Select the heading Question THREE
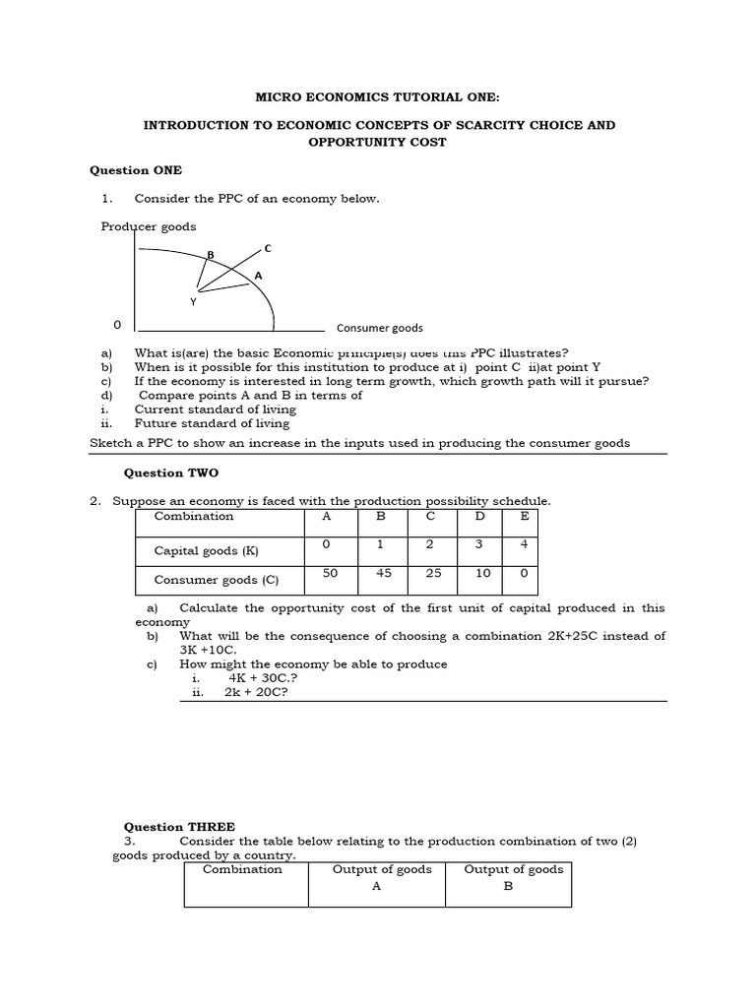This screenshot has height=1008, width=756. click(x=178, y=827)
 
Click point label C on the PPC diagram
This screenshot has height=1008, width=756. click(x=267, y=248)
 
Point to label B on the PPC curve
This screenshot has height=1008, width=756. click(x=210, y=255)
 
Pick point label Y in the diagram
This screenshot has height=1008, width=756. click(x=193, y=302)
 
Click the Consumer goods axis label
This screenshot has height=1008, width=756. click(x=379, y=328)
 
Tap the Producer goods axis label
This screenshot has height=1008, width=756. click(x=149, y=226)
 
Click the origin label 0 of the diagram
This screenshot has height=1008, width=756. click(x=117, y=324)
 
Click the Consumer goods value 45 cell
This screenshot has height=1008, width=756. click(x=384, y=573)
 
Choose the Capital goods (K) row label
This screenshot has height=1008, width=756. click(x=206, y=551)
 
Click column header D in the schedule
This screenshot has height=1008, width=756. click(x=479, y=516)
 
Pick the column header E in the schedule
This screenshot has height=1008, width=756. click(x=525, y=516)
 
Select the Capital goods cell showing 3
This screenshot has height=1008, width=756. click(x=479, y=543)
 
